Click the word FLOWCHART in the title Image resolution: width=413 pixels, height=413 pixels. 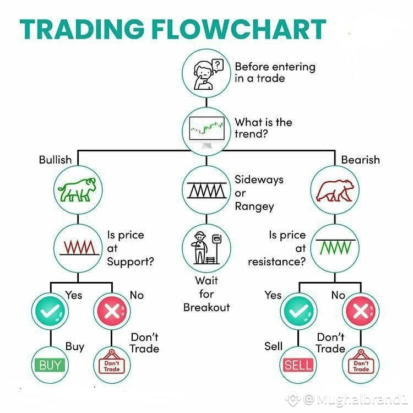[239, 29]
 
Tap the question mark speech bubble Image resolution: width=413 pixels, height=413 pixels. [218, 65]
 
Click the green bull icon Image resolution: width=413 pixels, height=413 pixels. [77, 189]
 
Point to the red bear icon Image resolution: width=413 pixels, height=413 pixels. [335, 191]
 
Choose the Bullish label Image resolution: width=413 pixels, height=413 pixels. [55, 160]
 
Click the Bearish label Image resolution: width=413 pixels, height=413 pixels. [361, 160]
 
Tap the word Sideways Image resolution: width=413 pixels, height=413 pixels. [259, 180]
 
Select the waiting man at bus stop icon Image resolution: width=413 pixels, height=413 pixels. [206, 248]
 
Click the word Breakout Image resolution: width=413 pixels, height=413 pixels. [206, 307]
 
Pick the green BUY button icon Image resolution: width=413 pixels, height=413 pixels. [50, 365]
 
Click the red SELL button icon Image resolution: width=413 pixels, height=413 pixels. [298, 365]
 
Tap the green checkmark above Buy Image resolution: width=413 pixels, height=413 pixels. [50, 311]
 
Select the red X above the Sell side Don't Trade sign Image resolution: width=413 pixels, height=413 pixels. [361, 311]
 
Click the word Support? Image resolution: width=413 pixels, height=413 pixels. [131, 262]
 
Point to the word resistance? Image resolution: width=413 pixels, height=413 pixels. [277, 262]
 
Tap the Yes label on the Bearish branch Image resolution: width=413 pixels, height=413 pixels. [273, 295]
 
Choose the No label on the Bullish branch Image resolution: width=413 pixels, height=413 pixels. [137, 295]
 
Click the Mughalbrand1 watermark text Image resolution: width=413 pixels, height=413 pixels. [362, 400]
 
